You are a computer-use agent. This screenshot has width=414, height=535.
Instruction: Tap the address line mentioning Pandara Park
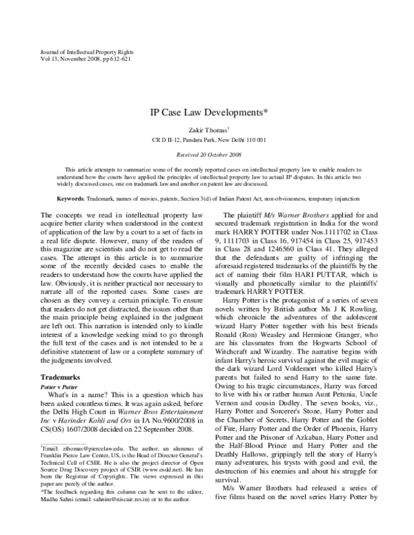206,139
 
